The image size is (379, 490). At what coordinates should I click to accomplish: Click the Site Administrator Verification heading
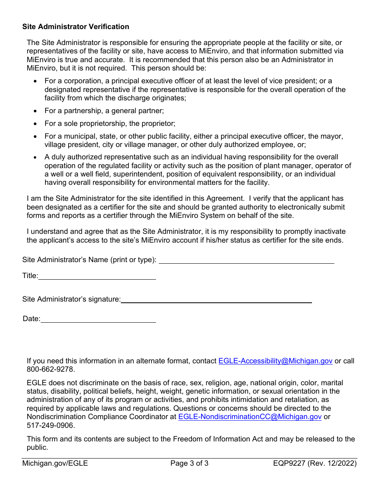tap(76, 27)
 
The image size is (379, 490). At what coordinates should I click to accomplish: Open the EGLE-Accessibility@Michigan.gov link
tap(275, 361)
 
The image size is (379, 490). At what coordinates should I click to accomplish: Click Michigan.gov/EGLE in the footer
tap(55, 463)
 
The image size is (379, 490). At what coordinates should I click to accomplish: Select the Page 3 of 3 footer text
tap(189, 463)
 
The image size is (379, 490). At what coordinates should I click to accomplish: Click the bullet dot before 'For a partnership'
tap(36, 111)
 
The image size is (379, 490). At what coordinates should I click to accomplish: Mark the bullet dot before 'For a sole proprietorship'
tap(36, 124)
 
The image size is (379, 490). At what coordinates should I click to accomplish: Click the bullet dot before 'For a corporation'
tap(36, 81)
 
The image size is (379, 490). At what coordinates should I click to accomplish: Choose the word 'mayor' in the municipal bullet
tap(333, 136)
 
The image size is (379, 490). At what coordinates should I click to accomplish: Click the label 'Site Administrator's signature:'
tap(71, 299)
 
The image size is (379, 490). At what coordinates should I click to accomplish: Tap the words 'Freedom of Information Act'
tap(219, 439)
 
